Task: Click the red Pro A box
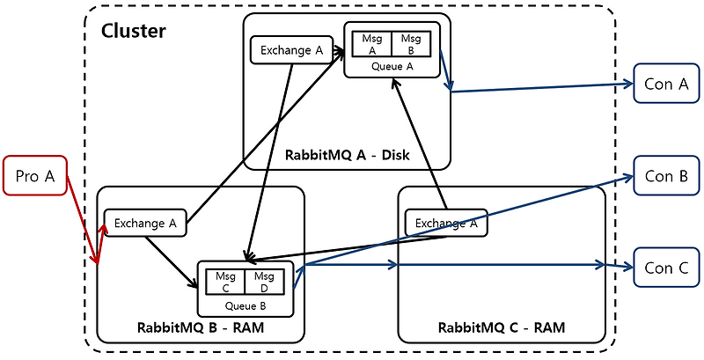pos(35,177)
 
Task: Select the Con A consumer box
pos(666,84)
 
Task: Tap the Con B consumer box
pos(666,175)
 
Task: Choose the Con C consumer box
pos(666,268)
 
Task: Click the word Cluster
pos(134,32)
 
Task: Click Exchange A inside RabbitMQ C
pos(445,223)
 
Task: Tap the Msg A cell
pos(371,43)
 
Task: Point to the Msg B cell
pos(411,43)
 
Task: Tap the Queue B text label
pos(245,305)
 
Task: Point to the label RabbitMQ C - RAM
pos(502,327)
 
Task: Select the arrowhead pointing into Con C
pos(627,264)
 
